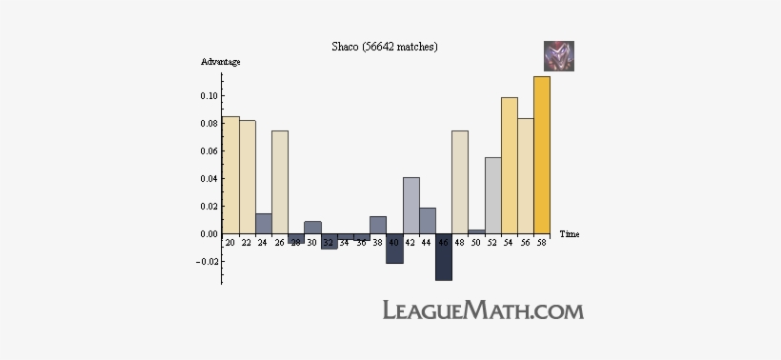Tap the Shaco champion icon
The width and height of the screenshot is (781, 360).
click(x=558, y=56)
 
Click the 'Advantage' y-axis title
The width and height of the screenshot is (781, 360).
click(x=220, y=62)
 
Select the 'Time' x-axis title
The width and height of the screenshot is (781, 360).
click(x=570, y=234)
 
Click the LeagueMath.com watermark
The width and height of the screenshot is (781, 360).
click(x=483, y=310)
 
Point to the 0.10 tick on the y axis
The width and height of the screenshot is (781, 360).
click(x=207, y=96)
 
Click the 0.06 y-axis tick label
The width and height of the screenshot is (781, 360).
click(x=207, y=151)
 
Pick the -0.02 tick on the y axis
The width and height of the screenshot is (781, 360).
click(x=205, y=261)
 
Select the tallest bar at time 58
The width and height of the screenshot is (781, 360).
click(x=542, y=154)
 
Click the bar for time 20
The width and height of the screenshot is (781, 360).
click(x=230, y=175)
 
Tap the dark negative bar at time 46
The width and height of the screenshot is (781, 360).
click(x=444, y=256)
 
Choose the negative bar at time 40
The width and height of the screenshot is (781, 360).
click(x=394, y=249)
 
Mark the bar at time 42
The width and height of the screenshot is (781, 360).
click(x=411, y=206)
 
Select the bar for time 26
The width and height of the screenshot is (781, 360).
click(x=280, y=182)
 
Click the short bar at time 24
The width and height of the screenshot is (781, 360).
click(x=264, y=224)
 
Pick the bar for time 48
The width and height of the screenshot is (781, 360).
click(x=460, y=182)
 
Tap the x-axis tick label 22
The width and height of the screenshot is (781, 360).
click(x=247, y=242)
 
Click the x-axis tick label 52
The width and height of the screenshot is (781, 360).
click(x=492, y=242)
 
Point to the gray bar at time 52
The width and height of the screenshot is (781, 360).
click(x=492, y=195)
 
